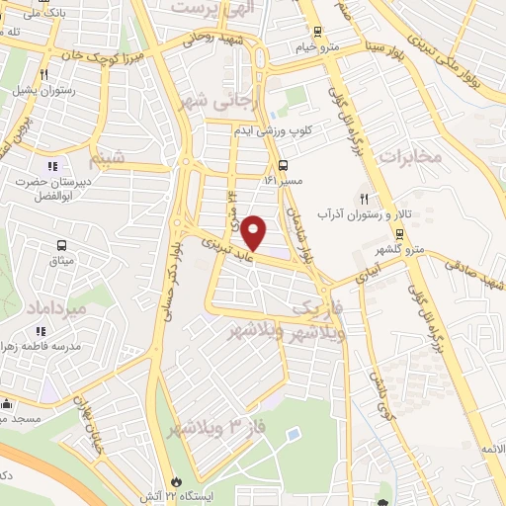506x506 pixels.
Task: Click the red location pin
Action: (x=254, y=233)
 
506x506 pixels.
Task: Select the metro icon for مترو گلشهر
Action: (x=399, y=234)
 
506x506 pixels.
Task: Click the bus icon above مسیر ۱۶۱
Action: (x=284, y=165)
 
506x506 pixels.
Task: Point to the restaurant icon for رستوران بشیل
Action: (x=44, y=74)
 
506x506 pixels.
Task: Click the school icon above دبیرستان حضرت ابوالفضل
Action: (x=52, y=165)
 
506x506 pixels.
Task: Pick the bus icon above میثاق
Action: (x=62, y=245)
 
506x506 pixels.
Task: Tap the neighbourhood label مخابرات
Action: (x=407, y=157)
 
